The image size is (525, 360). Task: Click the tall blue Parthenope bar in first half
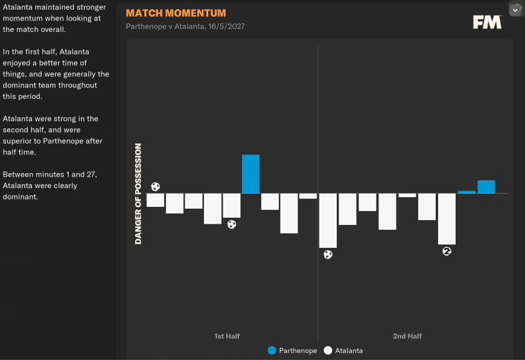[x=250, y=174]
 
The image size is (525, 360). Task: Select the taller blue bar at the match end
[x=486, y=187]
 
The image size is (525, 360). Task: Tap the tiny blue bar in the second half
[x=466, y=192]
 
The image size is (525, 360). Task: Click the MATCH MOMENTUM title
[x=176, y=13]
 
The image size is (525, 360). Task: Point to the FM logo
[x=487, y=22]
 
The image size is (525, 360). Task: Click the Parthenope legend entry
[x=292, y=350]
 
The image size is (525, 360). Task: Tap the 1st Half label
[x=227, y=336]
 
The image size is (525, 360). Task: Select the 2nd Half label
[x=407, y=336]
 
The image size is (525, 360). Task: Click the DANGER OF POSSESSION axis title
[x=138, y=194]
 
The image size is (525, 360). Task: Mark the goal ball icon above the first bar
[x=156, y=187]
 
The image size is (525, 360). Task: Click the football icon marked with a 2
[x=447, y=251]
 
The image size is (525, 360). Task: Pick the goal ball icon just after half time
[x=328, y=254]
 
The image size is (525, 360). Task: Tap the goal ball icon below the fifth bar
[x=232, y=224]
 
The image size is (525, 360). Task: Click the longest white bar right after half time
[x=328, y=220]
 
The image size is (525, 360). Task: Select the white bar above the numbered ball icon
[x=447, y=218]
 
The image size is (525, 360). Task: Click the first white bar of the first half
[x=155, y=200]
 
